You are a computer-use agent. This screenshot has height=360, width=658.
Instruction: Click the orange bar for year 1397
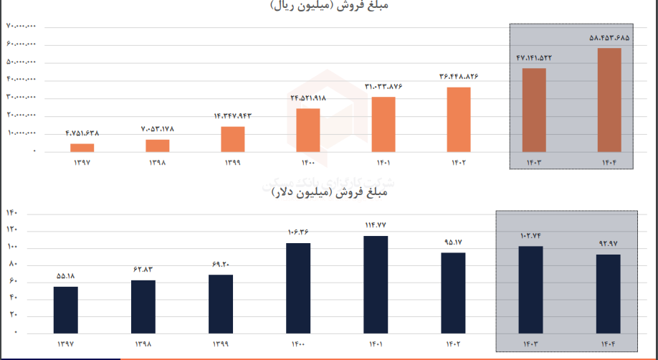click(x=82, y=148)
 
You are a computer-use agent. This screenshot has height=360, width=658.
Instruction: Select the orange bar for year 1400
click(x=307, y=130)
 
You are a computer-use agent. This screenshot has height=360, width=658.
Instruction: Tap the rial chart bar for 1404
click(x=609, y=100)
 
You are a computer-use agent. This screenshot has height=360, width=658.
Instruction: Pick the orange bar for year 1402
click(x=459, y=120)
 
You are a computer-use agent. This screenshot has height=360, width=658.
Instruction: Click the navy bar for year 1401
click(x=376, y=285)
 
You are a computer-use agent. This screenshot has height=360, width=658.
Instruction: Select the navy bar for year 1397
click(x=66, y=310)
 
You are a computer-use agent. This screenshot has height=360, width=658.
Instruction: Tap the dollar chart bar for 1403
click(x=531, y=290)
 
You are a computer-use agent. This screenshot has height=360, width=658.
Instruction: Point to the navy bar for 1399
click(x=221, y=304)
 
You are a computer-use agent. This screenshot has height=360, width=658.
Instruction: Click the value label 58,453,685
click(x=609, y=38)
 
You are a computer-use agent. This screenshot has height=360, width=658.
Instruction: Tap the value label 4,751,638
click(x=82, y=133)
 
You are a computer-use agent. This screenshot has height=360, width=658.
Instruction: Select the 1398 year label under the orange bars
click(x=158, y=163)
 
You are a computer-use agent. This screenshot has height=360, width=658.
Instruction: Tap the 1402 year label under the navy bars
click(x=454, y=345)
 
